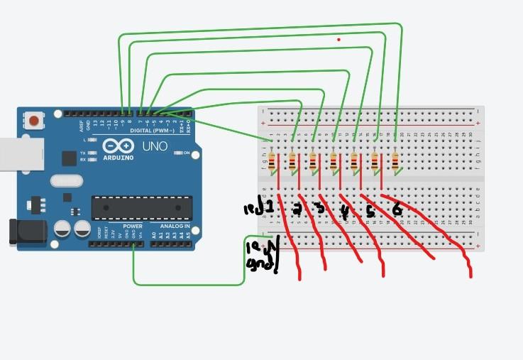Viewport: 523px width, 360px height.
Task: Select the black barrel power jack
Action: [x=22, y=232]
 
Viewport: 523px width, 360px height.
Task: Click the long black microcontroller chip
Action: [x=141, y=207]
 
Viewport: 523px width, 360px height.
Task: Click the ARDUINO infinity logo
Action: [x=117, y=146]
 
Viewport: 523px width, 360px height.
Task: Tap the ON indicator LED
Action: [x=177, y=153]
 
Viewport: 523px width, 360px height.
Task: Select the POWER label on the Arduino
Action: [x=133, y=227]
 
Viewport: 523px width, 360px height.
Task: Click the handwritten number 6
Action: [x=397, y=209]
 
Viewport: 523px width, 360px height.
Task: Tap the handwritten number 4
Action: [x=345, y=211]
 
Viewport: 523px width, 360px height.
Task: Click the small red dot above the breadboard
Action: [x=339, y=39]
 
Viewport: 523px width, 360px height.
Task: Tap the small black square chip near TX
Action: [x=69, y=158]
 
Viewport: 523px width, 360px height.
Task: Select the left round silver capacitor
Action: [x=63, y=229]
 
